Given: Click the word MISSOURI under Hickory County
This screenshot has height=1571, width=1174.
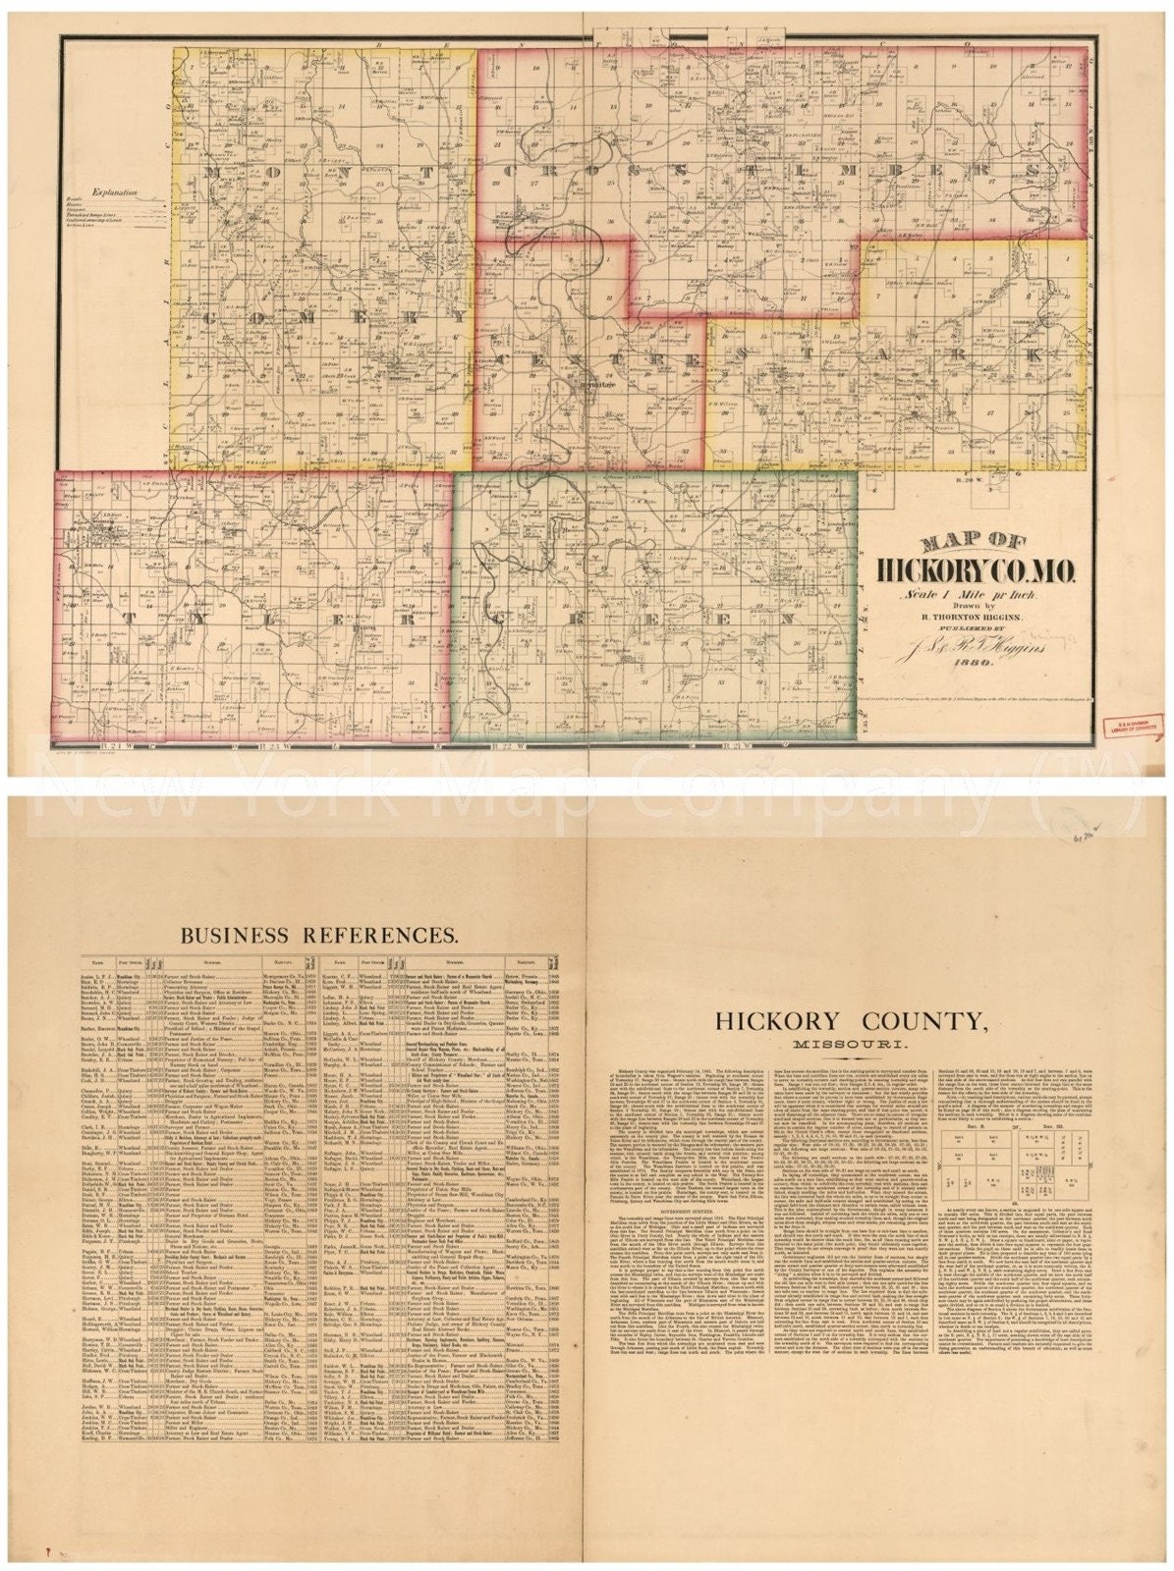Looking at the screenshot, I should click(x=851, y=1043).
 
